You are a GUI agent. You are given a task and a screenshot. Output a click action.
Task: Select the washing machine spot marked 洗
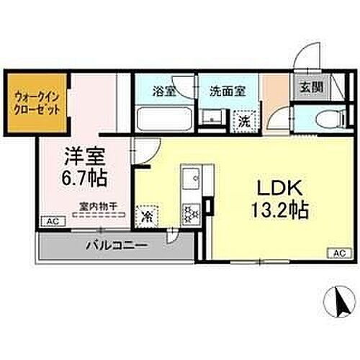pyautogui.click(x=245, y=122)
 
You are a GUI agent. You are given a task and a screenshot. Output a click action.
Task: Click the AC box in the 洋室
pyautogui.click(x=52, y=222)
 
